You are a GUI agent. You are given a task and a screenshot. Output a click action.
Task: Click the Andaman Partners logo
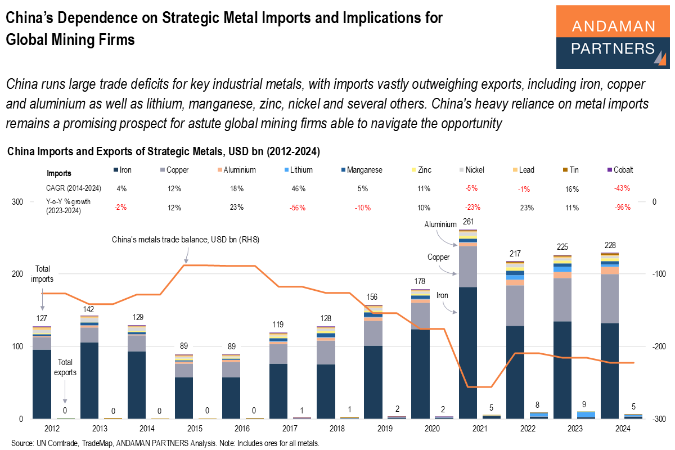coord(613,37)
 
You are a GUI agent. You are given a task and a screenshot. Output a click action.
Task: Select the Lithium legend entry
coord(298,169)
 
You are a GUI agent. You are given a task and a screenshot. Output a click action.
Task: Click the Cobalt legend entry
coord(623,169)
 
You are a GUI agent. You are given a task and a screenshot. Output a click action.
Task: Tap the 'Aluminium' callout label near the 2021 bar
coord(440,224)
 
